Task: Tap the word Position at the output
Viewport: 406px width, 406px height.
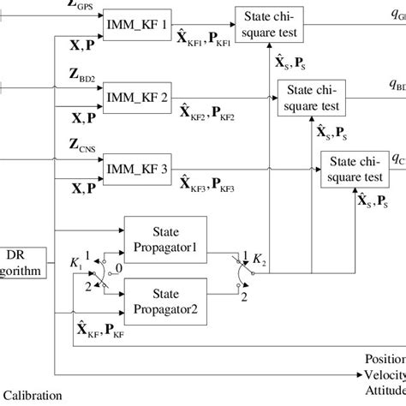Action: pos(384,360)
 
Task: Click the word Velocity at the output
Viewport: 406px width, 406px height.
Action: pos(384,375)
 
